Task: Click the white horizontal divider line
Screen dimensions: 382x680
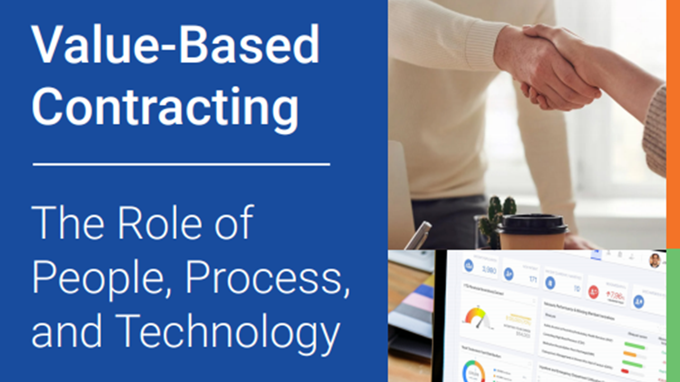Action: (181, 164)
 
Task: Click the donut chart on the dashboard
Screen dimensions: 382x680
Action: (473, 371)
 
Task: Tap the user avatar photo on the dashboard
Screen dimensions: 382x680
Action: (655, 260)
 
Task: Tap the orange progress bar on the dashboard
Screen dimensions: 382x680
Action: (630, 354)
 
